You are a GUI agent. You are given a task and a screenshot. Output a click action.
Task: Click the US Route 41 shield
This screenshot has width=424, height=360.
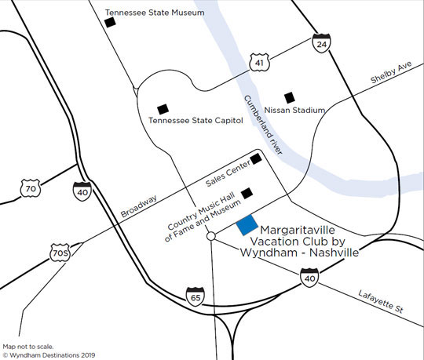[258, 61]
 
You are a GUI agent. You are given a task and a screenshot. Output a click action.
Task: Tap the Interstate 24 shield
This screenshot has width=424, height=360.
[320, 44]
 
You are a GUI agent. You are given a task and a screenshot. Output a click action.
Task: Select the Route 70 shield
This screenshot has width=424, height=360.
[30, 188]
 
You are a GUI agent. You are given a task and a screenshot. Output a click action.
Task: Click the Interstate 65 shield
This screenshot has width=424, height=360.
[195, 296]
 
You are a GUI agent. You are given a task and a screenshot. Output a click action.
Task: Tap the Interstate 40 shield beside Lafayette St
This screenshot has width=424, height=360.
[309, 276]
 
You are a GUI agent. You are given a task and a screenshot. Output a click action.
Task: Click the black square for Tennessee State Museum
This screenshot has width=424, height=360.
[110, 23]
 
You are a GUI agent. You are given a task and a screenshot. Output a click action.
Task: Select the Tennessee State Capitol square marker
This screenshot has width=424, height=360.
[163, 108]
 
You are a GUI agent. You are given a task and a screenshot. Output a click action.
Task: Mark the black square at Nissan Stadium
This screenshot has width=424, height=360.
[289, 96]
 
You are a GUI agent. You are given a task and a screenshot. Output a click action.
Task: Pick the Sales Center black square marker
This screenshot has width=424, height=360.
[256, 161]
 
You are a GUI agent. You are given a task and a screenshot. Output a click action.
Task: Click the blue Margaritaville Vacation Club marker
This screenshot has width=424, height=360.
[247, 225]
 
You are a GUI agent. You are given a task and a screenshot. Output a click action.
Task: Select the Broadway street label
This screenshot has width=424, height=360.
[140, 205]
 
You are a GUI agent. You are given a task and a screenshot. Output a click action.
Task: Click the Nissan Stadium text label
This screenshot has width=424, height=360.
[296, 111]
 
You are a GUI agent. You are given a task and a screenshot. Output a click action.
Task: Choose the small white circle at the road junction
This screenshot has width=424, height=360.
[210, 236]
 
